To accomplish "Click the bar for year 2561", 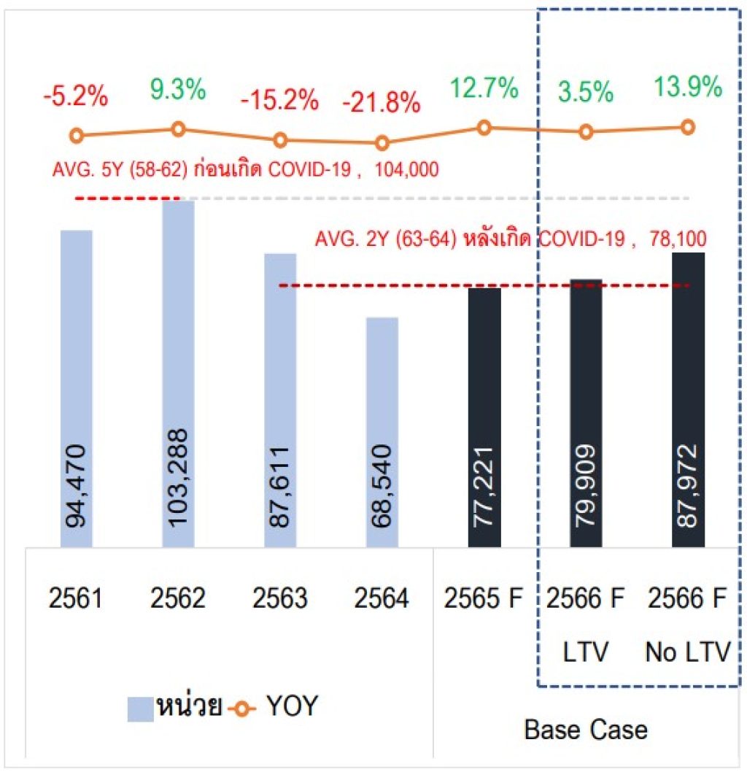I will tap(76, 387).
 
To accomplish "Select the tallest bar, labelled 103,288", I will tap(178, 372).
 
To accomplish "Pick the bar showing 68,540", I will tap(382, 431).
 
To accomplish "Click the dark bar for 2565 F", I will tap(484, 416).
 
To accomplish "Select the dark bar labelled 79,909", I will tap(586, 412).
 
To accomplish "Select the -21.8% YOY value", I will tap(382, 103).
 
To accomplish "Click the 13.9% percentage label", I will tap(687, 88).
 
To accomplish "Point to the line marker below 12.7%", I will tap(484, 127).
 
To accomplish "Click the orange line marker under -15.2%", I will tap(280, 139).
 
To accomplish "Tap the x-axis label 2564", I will tap(382, 599).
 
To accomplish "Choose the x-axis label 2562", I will tap(178, 599).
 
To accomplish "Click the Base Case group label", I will tap(585, 730).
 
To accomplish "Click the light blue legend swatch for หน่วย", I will tap(140, 708).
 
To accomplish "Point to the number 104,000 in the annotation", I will tap(407, 171).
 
